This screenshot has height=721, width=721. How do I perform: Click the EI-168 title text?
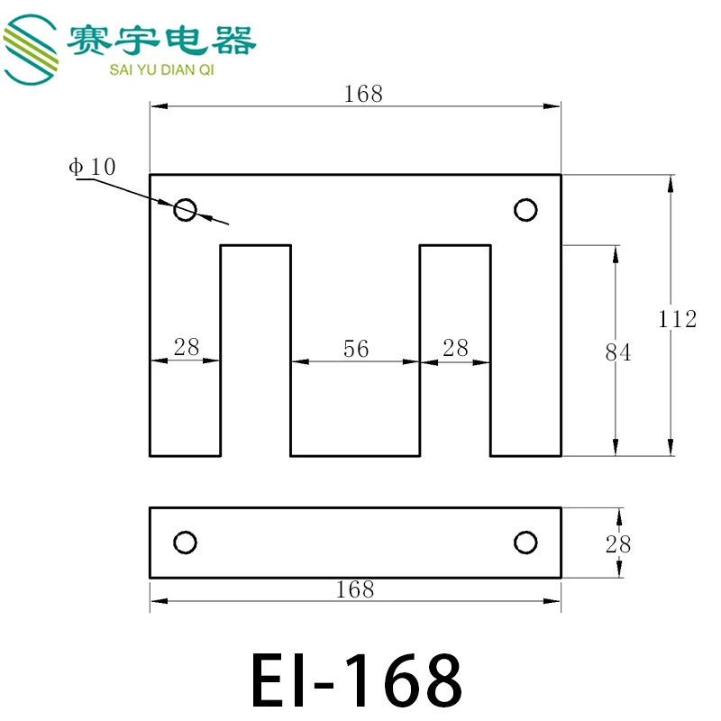[356, 680]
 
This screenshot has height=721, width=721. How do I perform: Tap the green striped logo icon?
[31, 50]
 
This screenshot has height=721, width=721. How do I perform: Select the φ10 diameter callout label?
[92, 167]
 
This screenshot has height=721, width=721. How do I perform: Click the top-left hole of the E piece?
[185, 210]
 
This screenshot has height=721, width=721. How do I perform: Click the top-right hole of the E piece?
[525, 210]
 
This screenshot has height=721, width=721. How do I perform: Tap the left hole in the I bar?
[185, 543]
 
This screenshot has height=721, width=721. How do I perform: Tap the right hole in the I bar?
[525, 543]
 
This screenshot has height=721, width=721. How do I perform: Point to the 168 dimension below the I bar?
[354, 589]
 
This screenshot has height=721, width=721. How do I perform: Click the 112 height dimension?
[677, 319]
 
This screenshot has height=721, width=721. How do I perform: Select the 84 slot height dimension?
[618, 353]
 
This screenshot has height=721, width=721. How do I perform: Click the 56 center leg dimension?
[356, 349]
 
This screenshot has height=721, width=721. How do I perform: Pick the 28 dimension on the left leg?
[187, 348]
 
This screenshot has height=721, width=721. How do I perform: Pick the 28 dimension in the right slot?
[456, 348]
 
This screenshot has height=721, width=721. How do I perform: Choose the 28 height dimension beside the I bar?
[618, 543]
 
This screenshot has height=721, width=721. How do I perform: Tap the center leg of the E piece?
[355, 406]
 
